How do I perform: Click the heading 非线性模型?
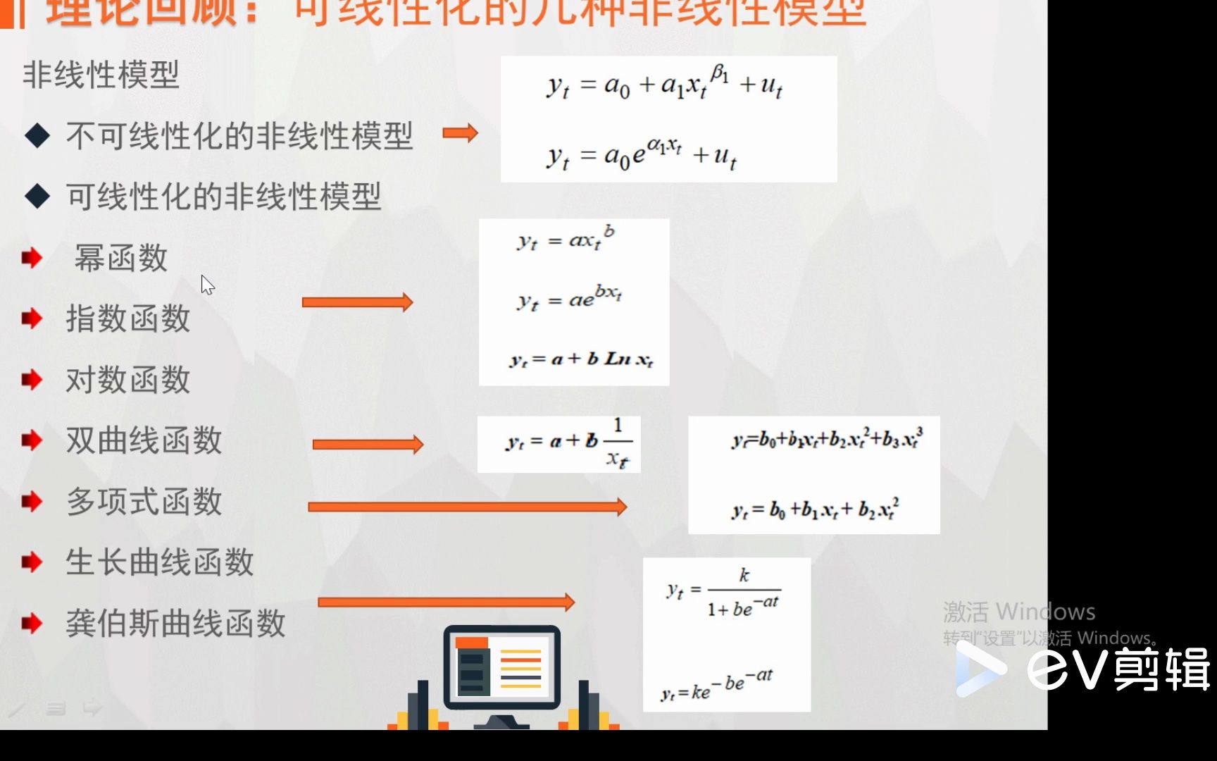coord(101,75)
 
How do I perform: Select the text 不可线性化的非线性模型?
coord(239,135)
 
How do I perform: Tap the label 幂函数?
coord(121,258)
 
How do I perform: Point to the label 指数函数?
coord(128,318)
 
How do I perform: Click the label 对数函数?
coord(128,380)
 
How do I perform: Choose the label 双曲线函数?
coord(144,440)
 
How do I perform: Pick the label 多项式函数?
coord(144,502)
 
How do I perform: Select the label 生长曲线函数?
coord(160,562)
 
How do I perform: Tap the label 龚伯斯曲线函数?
coord(176,624)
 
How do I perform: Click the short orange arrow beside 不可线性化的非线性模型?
coord(461,132)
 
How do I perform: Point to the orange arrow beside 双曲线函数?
coord(368,444)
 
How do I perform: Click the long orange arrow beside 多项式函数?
coord(467,507)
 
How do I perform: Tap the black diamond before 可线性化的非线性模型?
coord(37,197)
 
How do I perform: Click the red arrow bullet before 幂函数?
coord(32,258)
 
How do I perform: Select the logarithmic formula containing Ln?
coord(582,359)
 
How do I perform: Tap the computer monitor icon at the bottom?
coord(501,668)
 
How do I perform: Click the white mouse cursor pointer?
coord(207,285)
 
